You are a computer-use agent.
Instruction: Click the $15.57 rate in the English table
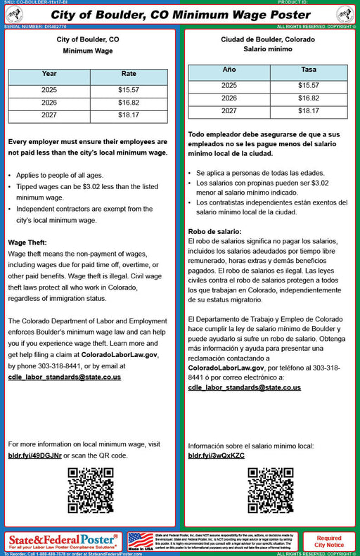129,90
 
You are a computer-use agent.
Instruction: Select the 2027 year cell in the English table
49,115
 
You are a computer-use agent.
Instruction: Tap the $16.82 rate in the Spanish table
308,98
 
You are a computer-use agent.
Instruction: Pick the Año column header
229,70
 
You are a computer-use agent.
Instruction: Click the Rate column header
129,74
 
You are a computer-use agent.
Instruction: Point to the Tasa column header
308,70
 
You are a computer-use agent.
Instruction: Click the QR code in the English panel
90,490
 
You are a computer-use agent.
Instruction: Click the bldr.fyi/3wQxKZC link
217,455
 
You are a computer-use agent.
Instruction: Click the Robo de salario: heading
214,232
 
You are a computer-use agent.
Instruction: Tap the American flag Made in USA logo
141,541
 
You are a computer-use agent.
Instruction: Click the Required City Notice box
329,541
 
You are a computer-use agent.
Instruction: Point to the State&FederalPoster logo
63,541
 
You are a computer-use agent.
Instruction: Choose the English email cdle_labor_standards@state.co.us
65,377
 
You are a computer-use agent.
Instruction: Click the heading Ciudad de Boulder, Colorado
267,39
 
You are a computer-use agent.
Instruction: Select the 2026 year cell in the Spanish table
229,98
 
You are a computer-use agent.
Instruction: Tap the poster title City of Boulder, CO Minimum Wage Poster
180,15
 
